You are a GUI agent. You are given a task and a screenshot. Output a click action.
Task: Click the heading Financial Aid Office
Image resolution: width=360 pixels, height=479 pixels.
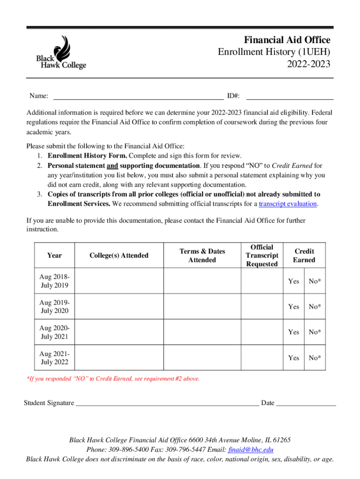(287, 40)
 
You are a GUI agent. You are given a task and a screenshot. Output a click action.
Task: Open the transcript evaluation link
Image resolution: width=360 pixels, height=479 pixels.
(288, 204)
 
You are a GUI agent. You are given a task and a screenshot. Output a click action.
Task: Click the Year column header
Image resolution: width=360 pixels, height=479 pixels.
(54, 255)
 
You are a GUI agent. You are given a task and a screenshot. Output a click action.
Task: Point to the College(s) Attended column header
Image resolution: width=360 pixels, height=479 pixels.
(119, 255)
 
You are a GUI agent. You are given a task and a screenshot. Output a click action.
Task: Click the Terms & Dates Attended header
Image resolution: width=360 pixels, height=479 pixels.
(202, 255)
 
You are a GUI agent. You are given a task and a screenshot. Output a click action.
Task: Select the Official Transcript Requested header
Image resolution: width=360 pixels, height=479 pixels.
(262, 255)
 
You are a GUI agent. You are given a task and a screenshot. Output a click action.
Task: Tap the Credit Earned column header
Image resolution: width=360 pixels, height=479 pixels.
(304, 255)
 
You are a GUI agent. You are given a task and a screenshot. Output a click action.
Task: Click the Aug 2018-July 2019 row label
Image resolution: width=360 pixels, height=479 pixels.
(54, 281)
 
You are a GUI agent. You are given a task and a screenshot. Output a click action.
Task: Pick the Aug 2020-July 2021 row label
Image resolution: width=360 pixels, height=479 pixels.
(54, 332)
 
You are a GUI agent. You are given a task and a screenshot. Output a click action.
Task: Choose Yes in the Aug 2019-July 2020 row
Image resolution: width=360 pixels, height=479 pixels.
(294, 307)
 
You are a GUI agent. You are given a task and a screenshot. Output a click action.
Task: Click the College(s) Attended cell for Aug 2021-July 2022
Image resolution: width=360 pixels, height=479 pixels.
(119, 358)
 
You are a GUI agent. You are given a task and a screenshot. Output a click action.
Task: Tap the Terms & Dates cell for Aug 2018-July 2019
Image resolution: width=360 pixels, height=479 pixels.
(202, 281)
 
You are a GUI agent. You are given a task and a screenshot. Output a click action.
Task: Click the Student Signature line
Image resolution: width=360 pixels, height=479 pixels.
(167, 403)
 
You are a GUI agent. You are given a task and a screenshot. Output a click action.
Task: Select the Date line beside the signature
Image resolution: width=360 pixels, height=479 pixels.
(306, 403)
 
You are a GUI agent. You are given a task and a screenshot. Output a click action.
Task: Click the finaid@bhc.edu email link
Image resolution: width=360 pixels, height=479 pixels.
(251, 450)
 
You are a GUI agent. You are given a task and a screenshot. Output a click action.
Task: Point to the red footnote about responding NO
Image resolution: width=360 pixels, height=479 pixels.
(113, 378)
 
